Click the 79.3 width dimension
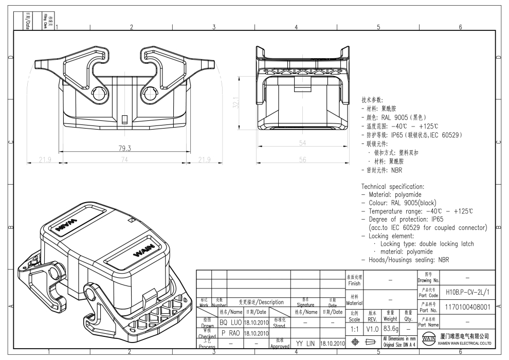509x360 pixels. coord(124,148)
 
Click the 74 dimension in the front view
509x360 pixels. coord(124,160)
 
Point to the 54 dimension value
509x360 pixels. coord(302,142)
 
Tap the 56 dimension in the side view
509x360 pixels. coord(302,160)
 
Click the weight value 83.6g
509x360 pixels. coord(390,327)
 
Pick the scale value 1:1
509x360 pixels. coord(354,327)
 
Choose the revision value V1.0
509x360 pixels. coord(372,327)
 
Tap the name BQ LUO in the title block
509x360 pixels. coord(230,322)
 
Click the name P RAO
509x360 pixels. coord(230,333)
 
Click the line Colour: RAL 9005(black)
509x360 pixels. coord(406,203)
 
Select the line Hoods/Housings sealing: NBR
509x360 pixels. coord(405,260)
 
